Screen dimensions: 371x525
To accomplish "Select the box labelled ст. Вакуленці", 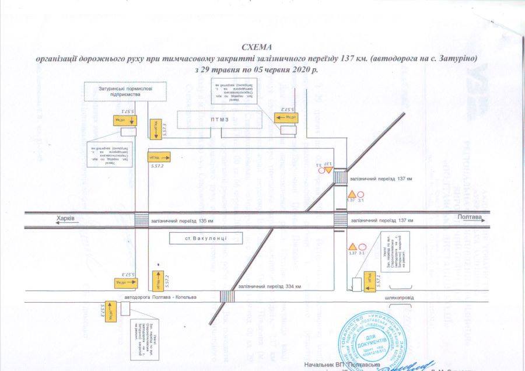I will click(x=196, y=239).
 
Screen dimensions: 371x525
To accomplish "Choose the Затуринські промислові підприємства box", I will click(x=125, y=92).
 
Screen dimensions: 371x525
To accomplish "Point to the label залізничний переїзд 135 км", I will click(x=182, y=221).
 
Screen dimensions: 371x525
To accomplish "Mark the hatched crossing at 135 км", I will click(x=141, y=220).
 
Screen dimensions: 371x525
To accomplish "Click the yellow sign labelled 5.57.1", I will click(x=370, y=281).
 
